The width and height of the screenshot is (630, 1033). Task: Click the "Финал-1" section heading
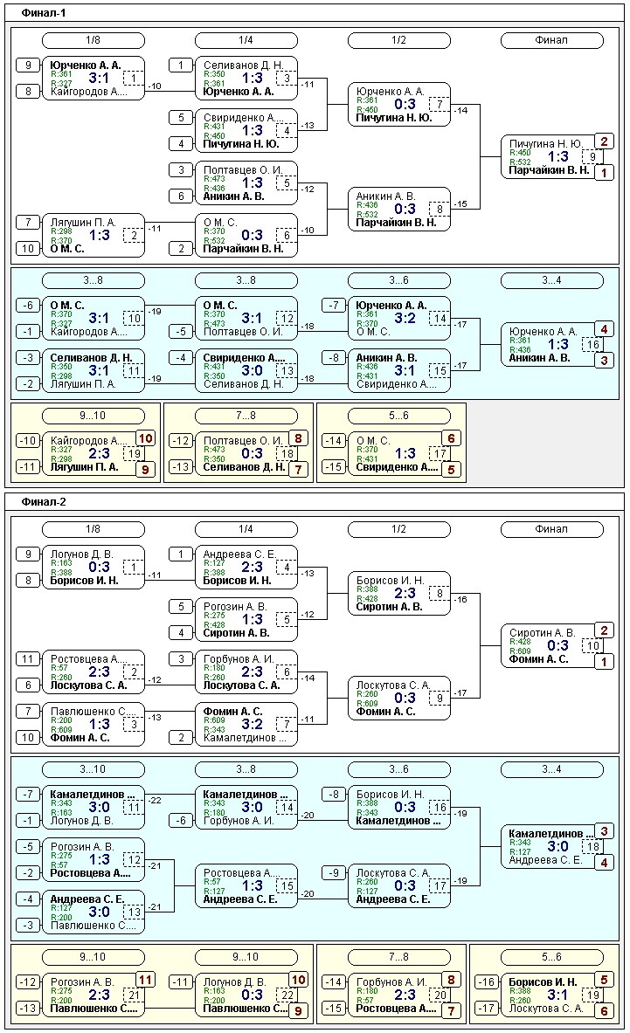[x=43, y=13]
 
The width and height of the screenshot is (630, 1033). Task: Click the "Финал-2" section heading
[x=43, y=502]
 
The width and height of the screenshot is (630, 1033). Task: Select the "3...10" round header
[x=93, y=768]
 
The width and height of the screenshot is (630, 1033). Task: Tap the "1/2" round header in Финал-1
[x=398, y=40]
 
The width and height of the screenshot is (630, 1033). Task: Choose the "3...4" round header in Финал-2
[x=551, y=768]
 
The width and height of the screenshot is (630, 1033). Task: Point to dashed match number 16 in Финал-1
[x=592, y=344]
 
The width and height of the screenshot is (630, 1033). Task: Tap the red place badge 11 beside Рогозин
[x=145, y=980]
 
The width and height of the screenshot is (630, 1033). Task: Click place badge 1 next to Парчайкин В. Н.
[x=604, y=172]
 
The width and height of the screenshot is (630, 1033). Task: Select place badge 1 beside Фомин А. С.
[x=604, y=661]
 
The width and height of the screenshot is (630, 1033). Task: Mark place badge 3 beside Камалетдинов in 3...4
[x=604, y=830]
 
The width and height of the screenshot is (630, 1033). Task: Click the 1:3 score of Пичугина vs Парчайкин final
[x=557, y=156]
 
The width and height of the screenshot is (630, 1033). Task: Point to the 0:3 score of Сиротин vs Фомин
[x=557, y=645]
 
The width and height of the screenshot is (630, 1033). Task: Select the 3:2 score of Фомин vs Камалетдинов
[x=253, y=724]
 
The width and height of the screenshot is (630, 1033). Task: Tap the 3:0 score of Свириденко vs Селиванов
[x=253, y=369]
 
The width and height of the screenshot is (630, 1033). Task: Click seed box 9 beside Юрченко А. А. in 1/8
[x=28, y=65]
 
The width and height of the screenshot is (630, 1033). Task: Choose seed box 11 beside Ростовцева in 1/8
[x=28, y=658]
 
